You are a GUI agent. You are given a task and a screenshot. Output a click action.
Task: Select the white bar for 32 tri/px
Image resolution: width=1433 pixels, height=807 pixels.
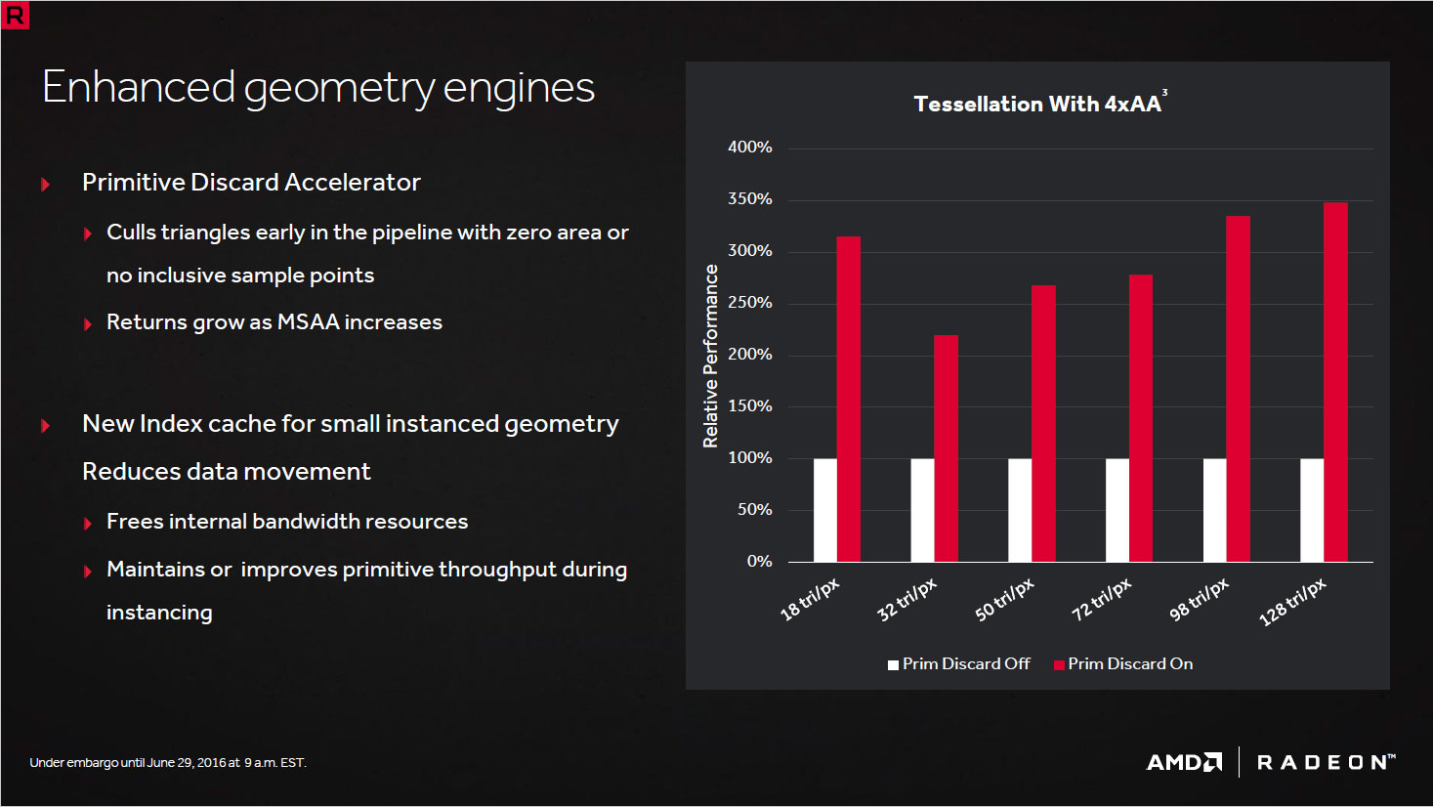click(922, 510)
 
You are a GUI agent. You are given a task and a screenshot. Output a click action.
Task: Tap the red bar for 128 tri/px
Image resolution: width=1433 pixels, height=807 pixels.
click(1335, 382)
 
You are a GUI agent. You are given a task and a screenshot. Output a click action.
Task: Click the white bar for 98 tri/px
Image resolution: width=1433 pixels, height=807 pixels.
click(1214, 510)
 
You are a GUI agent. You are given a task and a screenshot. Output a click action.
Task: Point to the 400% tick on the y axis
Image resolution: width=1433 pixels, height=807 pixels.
click(750, 148)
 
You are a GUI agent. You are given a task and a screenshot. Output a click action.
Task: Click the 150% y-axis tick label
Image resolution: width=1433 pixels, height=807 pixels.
click(750, 406)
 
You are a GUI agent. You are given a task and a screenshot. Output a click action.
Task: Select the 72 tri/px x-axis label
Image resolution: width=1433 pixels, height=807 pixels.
click(1102, 599)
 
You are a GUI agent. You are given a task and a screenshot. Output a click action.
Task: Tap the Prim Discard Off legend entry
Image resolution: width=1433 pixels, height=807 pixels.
click(959, 664)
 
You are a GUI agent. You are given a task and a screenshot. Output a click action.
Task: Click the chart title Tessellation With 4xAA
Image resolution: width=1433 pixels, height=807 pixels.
click(1037, 105)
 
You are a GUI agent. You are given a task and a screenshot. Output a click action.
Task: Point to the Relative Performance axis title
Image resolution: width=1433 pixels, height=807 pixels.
click(711, 356)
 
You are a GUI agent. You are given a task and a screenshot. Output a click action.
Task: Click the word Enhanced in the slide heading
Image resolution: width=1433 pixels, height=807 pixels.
click(139, 87)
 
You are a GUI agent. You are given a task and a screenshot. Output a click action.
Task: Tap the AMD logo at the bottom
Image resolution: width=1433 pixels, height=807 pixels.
click(1184, 762)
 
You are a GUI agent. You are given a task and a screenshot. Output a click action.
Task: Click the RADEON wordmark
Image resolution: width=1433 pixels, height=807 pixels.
click(1325, 762)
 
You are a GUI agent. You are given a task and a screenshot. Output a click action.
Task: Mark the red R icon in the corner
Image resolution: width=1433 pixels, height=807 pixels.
click(16, 16)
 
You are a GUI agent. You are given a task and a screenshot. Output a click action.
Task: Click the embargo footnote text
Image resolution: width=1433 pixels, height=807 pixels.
click(168, 763)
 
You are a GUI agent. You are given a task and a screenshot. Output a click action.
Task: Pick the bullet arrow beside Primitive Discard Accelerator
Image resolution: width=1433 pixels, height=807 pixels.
click(45, 184)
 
